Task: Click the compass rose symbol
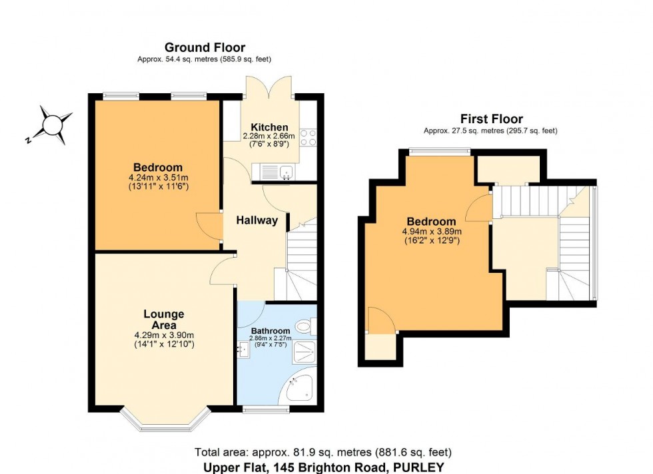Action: [51, 124]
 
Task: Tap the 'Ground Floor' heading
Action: [205, 47]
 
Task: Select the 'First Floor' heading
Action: [491, 119]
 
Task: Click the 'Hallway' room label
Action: [257, 220]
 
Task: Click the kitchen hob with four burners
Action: [308, 138]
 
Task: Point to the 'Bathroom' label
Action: [270, 331]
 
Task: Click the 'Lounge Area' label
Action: [163, 319]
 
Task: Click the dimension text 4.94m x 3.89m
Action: [431, 232]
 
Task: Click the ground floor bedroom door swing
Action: [212, 226]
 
